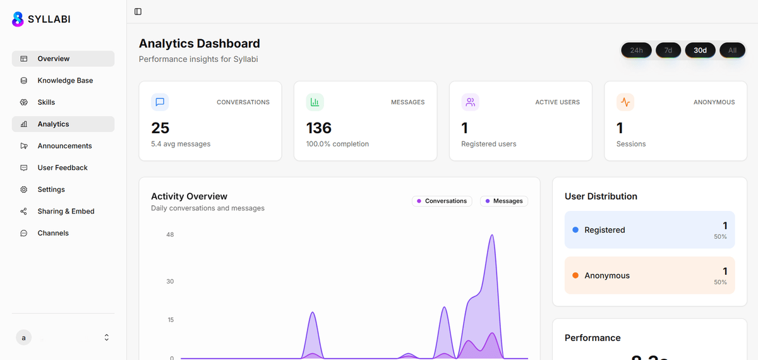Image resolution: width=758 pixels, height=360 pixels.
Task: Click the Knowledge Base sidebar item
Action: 64,80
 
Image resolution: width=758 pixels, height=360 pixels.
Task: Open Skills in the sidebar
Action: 46,102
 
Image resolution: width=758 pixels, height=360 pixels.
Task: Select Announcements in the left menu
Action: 64,146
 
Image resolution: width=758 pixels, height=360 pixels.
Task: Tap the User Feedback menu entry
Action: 62,167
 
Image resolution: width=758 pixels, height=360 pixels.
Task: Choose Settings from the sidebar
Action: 51,189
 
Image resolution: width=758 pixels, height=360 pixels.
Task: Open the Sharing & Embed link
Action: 66,211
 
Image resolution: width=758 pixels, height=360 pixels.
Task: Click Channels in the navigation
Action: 53,233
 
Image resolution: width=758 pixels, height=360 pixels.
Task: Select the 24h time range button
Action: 636,50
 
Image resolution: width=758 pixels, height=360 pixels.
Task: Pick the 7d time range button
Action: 668,50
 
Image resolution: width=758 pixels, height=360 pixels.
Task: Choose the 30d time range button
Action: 700,50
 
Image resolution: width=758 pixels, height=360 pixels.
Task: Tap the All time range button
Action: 732,50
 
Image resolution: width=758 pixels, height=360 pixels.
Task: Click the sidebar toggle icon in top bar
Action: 138,11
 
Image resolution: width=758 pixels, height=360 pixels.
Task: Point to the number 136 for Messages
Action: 318,128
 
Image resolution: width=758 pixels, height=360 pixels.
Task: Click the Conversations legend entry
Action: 442,201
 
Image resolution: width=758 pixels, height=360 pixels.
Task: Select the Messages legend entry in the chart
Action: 504,201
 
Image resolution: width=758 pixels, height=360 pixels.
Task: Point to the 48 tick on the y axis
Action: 170,235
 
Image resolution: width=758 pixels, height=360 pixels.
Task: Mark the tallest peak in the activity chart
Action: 492,236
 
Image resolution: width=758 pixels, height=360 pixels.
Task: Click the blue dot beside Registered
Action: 575,230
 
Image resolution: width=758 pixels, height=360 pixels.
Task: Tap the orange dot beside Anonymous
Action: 575,275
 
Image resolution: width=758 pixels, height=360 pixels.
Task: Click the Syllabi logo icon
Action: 18,19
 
